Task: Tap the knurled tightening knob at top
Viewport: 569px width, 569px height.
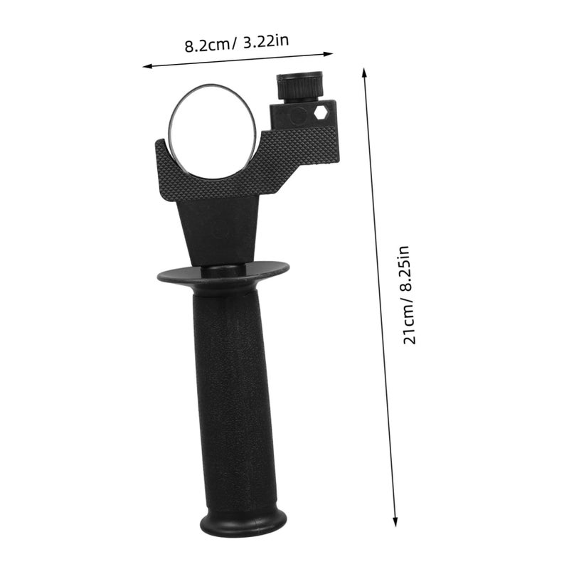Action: tap(299, 87)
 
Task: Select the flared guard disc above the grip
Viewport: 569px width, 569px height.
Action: tap(223, 275)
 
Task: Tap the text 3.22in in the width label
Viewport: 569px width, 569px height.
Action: tap(266, 41)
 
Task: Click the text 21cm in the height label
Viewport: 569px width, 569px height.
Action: tap(409, 324)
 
